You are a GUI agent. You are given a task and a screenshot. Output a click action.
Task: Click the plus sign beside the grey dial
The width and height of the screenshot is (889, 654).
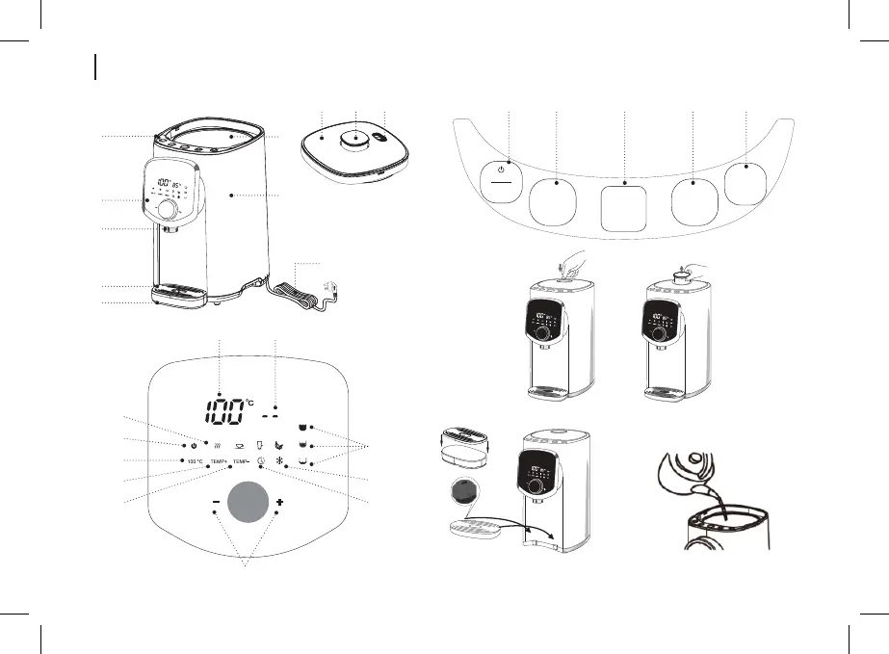click(x=279, y=505)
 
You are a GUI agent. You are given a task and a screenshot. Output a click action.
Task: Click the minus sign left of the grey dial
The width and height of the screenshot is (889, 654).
click(x=215, y=505)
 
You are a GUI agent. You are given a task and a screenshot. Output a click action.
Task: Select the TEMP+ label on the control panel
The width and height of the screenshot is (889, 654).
click(x=218, y=462)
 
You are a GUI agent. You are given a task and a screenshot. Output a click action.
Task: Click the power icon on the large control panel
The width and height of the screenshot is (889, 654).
click(x=195, y=445)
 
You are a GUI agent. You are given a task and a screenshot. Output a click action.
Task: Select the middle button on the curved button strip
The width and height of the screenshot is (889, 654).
click(x=625, y=205)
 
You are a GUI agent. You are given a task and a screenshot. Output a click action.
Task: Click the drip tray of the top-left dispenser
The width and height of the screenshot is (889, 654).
click(x=180, y=290)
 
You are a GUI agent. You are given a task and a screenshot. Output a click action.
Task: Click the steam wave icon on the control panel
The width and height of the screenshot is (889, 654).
click(x=218, y=445)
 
